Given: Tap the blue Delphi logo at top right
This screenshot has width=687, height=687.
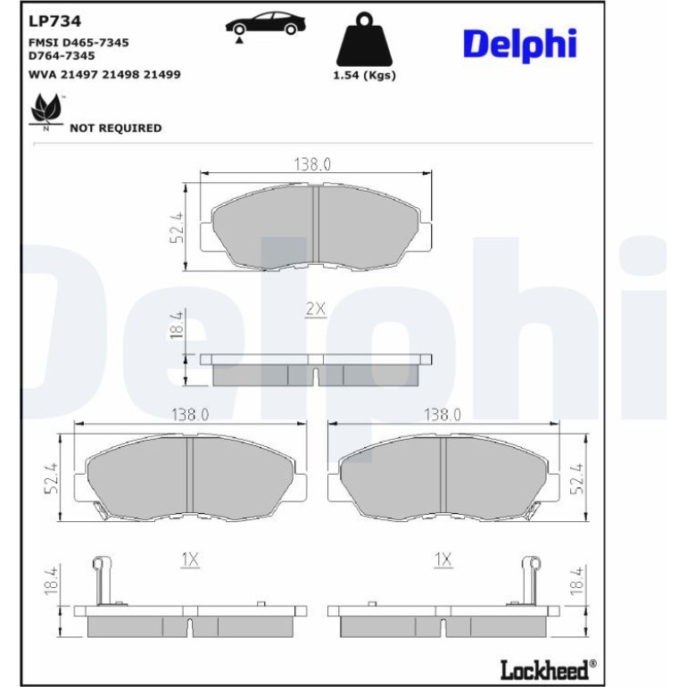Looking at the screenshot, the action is (x=520, y=46).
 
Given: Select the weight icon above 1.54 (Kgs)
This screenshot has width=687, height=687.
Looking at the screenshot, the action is (x=364, y=39).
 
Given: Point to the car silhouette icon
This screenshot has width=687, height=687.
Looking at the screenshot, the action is (x=266, y=23).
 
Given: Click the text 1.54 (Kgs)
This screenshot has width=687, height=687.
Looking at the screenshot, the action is (x=365, y=75).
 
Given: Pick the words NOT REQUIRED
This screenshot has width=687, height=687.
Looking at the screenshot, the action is (x=116, y=128).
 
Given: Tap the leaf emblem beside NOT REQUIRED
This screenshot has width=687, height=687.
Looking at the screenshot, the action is (x=46, y=112).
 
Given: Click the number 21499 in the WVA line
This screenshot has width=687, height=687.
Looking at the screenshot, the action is (x=162, y=74).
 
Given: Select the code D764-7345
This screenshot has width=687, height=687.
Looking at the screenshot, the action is (x=62, y=55).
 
